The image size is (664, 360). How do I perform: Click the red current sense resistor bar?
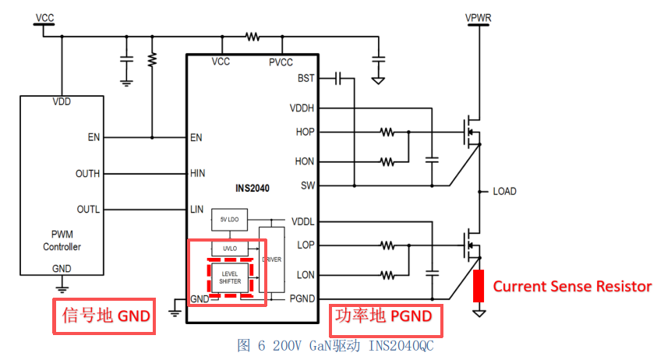click(479, 285)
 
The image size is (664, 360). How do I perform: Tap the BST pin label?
click(306, 79)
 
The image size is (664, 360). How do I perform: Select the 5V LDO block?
click(230, 220)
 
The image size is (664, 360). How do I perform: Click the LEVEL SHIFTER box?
click(230, 277)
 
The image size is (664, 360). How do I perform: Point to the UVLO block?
click(230, 249)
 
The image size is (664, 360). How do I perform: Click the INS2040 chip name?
click(253, 188)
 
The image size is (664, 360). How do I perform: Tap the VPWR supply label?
click(478, 18)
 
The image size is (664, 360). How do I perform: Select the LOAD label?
click(504, 192)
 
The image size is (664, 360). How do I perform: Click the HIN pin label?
click(197, 173)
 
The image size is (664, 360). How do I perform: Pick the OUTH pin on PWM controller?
click(87, 174)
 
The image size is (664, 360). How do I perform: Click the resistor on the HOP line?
click(387, 132)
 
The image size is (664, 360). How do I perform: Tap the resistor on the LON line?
click(387, 275)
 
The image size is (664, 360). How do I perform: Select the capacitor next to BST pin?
click(337, 79)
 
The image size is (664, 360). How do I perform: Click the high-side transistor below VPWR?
click(472, 132)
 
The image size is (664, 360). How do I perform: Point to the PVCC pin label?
click(281, 62)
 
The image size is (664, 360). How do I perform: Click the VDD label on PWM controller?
click(62, 101)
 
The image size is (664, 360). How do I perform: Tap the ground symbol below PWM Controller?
click(62, 289)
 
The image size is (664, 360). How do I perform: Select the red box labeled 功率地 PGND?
click(386, 320)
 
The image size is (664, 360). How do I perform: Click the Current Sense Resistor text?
click(572, 286)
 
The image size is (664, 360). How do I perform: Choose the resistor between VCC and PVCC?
click(253, 37)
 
